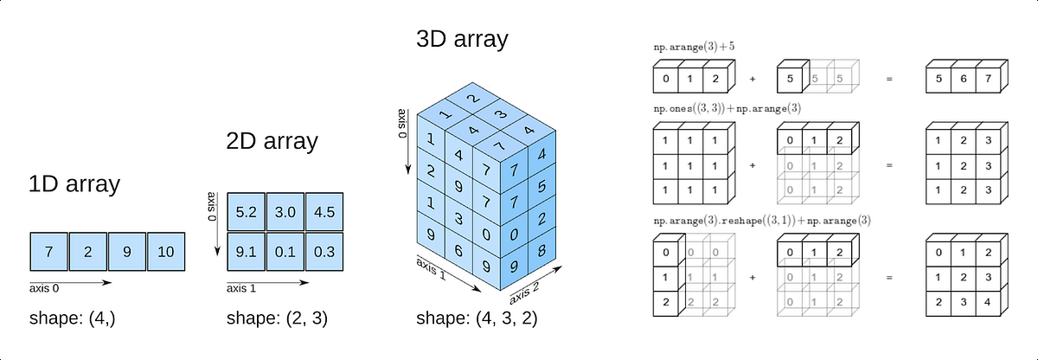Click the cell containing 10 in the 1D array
click(x=166, y=252)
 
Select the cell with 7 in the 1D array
click(x=49, y=252)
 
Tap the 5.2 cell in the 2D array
click(x=246, y=212)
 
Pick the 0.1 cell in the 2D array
click(x=285, y=252)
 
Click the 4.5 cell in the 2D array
click(x=324, y=212)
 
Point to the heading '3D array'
click(x=461, y=39)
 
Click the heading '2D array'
click(x=271, y=140)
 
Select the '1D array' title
click(x=74, y=183)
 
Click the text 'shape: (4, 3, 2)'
click(x=477, y=318)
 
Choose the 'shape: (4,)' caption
click(x=73, y=318)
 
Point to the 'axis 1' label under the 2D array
click(x=245, y=289)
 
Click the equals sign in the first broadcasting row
click(x=887, y=80)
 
